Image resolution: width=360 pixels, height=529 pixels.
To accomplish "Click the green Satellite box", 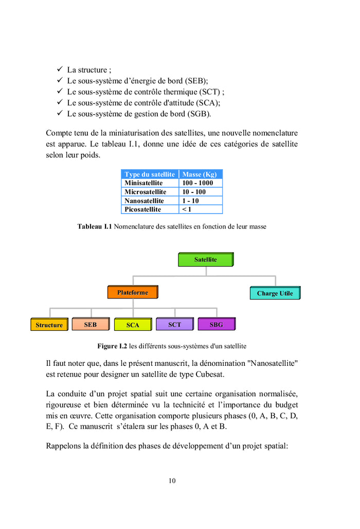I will click(x=206, y=259).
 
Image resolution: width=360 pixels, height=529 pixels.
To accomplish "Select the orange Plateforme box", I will click(x=132, y=292).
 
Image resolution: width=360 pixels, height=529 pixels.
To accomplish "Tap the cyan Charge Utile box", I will click(x=275, y=293).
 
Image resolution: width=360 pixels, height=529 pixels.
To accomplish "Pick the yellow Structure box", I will click(x=49, y=325).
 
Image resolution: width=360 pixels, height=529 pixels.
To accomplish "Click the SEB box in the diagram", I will click(x=90, y=324).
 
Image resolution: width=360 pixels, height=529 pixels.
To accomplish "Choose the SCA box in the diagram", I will click(x=133, y=325).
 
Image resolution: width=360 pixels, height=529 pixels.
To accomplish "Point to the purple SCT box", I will click(x=174, y=324).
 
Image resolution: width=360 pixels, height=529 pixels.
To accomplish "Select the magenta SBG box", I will click(x=216, y=324).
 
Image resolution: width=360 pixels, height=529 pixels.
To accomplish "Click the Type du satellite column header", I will click(x=150, y=174).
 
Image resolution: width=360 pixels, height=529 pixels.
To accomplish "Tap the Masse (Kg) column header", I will click(x=200, y=174).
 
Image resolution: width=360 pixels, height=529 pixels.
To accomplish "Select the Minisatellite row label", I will click(x=143, y=183).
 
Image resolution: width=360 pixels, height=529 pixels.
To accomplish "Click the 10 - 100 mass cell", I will click(x=194, y=192).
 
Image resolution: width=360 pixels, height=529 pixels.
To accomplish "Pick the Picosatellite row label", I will click(x=143, y=209).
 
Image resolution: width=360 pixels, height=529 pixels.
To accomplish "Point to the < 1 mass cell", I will click(x=187, y=209).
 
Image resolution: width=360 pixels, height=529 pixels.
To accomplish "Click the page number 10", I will click(x=172, y=481).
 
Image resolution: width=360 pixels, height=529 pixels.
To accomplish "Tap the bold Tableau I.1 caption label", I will click(x=95, y=226).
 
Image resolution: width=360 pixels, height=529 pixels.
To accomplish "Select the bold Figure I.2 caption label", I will click(x=112, y=346).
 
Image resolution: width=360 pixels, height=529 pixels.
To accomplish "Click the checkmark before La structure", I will click(x=60, y=69).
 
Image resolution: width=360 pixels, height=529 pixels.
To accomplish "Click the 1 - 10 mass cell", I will click(x=191, y=201).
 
